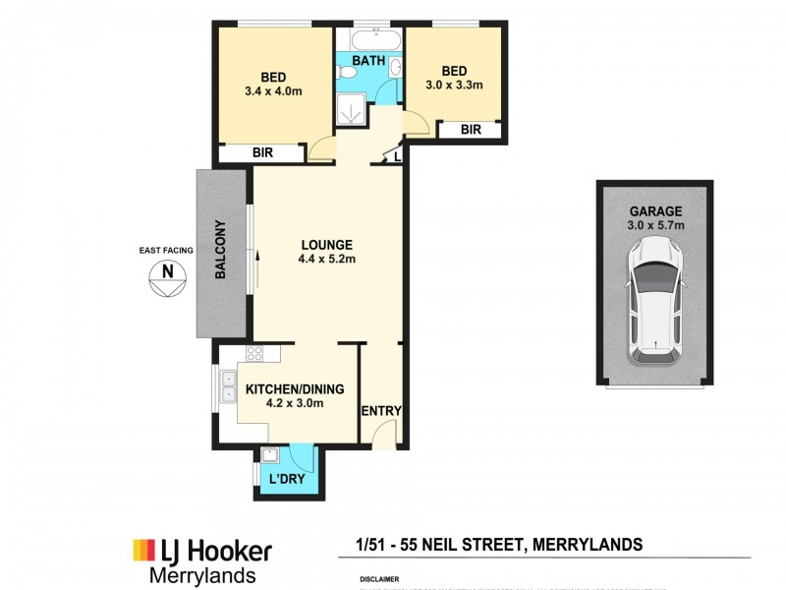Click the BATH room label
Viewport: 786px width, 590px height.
pyautogui.click(x=369, y=60)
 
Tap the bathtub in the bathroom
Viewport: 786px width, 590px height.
pyautogui.click(x=369, y=39)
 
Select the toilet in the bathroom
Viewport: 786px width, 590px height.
pyautogui.click(x=393, y=68)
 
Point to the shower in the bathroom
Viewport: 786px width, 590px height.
pyautogui.click(x=349, y=111)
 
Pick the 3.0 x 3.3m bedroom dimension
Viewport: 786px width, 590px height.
pyautogui.click(x=453, y=86)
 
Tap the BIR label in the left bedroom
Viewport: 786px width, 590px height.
pyautogui.click(x=262, y=153)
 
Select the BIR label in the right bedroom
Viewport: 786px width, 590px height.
pyautogui.click(x=471, y=129)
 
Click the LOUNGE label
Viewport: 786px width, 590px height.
pyautogui.click(x=327, y=245)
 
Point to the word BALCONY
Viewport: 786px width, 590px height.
pyautogui.click(x=222, y=255)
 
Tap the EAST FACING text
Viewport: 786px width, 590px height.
pyautogui.click(x=166, y=251)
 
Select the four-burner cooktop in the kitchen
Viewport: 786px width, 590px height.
pyautogui.click(x=253, y=354)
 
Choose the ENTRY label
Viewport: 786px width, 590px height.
pyautogui.click(x=381, y=411)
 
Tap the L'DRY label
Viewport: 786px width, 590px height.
pyautogui.click(x=286, y=479)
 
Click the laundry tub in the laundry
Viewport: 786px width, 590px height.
pyautogui.click(x=269, y=454)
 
